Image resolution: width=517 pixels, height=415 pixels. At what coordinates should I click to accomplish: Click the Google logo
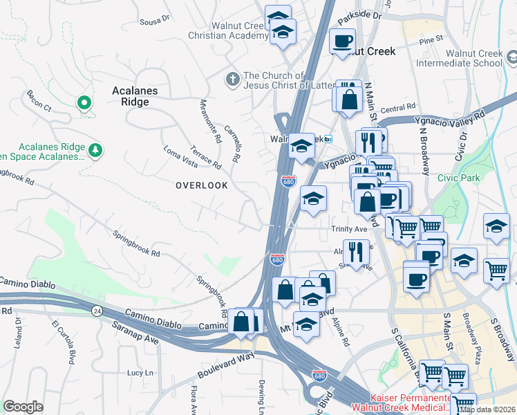tap(23, 407)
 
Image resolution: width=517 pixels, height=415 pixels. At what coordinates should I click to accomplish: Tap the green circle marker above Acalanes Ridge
tap(84, 104)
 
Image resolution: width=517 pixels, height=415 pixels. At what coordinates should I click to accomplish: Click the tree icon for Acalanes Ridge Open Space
tap(95, 149)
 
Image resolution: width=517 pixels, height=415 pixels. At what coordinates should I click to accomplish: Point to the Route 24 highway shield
tap(97, 311)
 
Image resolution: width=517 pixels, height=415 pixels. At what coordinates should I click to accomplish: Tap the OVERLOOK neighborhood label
tap(201, 185)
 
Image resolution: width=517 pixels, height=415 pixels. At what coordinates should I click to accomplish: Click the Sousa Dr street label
tap(155, 21)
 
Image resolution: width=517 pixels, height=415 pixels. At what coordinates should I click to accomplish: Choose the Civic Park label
tap(458, 178)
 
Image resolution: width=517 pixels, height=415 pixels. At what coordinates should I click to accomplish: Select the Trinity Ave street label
tap(349, 228)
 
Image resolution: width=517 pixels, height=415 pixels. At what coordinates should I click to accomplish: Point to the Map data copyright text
tap(486, 409)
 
